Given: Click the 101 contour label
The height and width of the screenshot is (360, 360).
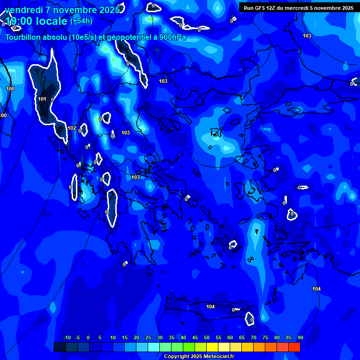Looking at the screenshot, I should (x=42, y=99).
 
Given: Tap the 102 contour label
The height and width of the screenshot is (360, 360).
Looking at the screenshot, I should (x=72, y=128).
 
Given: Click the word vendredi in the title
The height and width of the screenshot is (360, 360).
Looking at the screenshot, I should (x=24, y=10).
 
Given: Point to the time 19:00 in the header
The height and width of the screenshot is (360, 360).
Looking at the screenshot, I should (x=22, y=22).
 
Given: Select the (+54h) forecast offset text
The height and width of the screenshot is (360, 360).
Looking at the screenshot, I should (x=81, y=21).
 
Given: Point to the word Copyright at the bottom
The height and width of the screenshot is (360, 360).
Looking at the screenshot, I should (x=176, y=357).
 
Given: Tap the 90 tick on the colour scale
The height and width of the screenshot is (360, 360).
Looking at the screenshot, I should (x=300, y=338).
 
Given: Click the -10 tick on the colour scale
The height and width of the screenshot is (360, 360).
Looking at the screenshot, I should (x=67, y=338).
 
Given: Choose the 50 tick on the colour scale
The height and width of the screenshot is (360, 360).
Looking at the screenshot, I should (x=207, y=338).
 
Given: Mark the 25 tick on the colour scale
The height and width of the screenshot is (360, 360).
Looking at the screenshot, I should (x=148, y=338).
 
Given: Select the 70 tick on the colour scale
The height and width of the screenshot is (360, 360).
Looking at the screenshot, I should (x=254, y=338).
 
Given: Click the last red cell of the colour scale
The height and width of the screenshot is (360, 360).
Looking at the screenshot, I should (x=294, y=347).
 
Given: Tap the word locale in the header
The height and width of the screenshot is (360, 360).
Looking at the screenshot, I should (x=51, y=22).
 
